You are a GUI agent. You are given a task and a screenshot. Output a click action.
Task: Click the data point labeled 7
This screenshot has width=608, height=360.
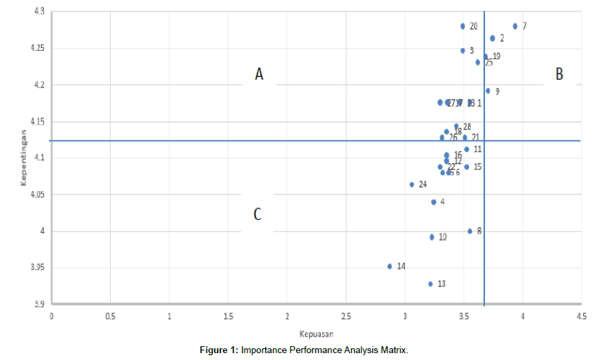click(515, 26)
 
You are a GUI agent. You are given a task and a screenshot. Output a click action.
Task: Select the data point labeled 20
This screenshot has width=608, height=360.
click(463, 26)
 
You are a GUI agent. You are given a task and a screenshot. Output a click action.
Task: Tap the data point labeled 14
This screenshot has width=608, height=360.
click(390, 266)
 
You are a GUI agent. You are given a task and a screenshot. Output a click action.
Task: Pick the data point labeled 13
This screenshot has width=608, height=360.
click(431, 284)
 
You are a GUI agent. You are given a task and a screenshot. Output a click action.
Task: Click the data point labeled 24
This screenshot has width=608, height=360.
click(412, 184)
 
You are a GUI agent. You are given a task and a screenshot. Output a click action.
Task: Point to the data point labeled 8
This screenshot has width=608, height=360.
click(470, 231)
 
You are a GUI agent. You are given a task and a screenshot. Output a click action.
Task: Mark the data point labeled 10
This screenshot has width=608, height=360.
click(431, 237)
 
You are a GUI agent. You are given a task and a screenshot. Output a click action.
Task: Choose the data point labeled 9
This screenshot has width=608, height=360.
click(488, 91)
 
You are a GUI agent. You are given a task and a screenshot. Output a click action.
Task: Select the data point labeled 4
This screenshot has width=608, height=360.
click(434, 202)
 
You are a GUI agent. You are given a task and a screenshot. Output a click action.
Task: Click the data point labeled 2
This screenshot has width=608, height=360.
click(493, 38)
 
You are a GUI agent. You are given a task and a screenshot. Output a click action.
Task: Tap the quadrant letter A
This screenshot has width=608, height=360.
click(259, 74)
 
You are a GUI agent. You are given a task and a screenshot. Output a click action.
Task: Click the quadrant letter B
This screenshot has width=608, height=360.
click(559, 74)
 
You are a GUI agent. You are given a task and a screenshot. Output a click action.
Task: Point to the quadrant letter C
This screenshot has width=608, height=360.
click(258, 214)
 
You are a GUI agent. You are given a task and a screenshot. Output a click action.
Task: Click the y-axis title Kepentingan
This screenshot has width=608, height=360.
click(23, 157)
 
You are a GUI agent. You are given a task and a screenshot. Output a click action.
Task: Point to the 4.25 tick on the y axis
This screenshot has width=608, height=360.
click(35, 49)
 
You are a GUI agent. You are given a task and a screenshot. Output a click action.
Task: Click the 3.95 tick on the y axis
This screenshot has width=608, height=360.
click(35, 268)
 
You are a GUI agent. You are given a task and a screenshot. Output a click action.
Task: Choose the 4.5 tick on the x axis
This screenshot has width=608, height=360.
click(581, 316)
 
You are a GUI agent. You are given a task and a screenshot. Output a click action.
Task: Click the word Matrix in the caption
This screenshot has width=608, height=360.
click(392, 350)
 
